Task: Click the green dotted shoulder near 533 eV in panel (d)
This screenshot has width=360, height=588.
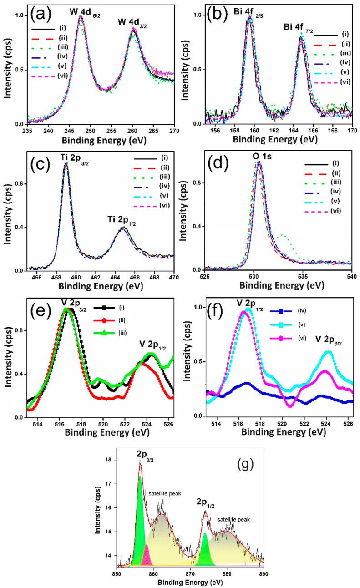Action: click(x=283, y=236)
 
